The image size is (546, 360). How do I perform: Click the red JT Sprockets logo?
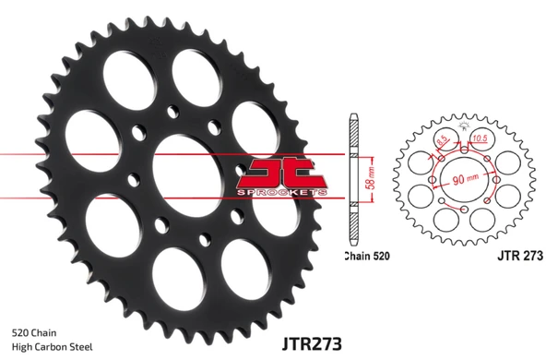click(x=281, y=176)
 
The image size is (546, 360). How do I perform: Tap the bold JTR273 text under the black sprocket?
click(x=312, y=343)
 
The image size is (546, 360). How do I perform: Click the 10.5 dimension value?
click(x=480, y=138)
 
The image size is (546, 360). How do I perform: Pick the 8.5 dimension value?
click(x=442, y=140)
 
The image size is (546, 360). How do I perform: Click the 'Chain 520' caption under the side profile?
click(x=367, y=256)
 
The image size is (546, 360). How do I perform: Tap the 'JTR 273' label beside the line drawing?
click(x=520, y=256)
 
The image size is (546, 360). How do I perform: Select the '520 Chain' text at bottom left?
click(x=34, y=333)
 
